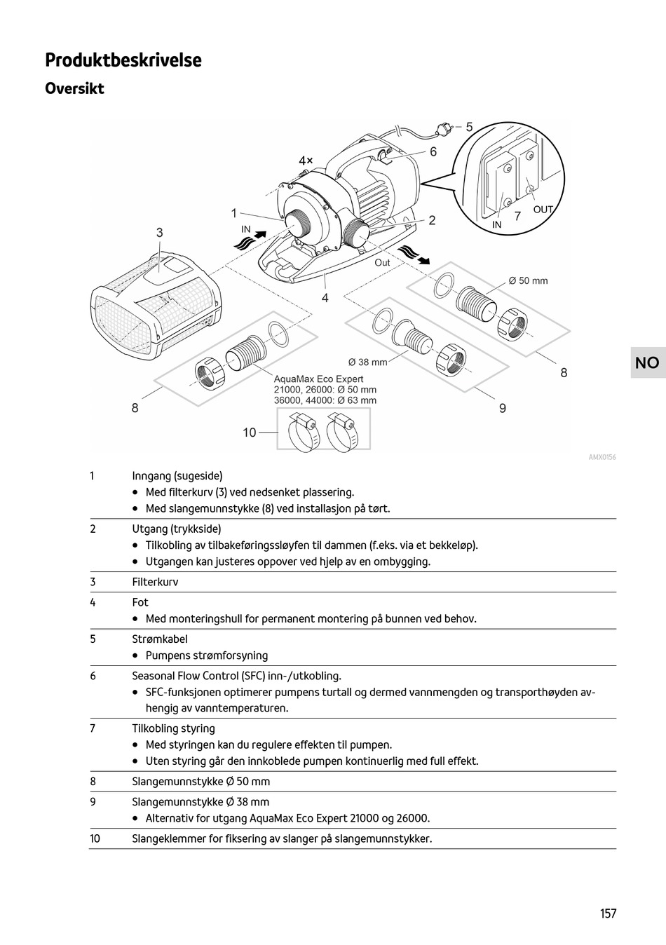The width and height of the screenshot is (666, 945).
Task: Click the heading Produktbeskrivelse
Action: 123,60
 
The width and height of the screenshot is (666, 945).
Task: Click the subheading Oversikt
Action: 74,89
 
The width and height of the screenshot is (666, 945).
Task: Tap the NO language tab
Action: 647,362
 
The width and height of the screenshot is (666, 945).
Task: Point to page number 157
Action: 608,913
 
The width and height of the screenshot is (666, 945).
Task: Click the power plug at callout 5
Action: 442,129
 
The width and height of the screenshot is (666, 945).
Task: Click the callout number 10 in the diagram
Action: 250,433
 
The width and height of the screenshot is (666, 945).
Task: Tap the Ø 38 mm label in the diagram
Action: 367,362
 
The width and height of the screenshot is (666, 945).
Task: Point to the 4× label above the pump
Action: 306,161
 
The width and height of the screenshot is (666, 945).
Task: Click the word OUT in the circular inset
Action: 543,209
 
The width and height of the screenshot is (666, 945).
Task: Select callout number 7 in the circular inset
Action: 517,217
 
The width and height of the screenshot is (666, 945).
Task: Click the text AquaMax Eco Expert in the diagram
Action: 318,379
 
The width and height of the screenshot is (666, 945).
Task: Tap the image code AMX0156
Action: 602,458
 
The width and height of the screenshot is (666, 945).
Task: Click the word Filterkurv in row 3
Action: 155,582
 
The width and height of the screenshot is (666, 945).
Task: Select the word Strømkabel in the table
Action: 160,639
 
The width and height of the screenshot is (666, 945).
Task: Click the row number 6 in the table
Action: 93,677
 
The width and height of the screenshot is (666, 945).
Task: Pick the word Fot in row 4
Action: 140,602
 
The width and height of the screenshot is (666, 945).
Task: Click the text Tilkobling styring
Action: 173,729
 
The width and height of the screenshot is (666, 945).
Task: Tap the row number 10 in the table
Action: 95,838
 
